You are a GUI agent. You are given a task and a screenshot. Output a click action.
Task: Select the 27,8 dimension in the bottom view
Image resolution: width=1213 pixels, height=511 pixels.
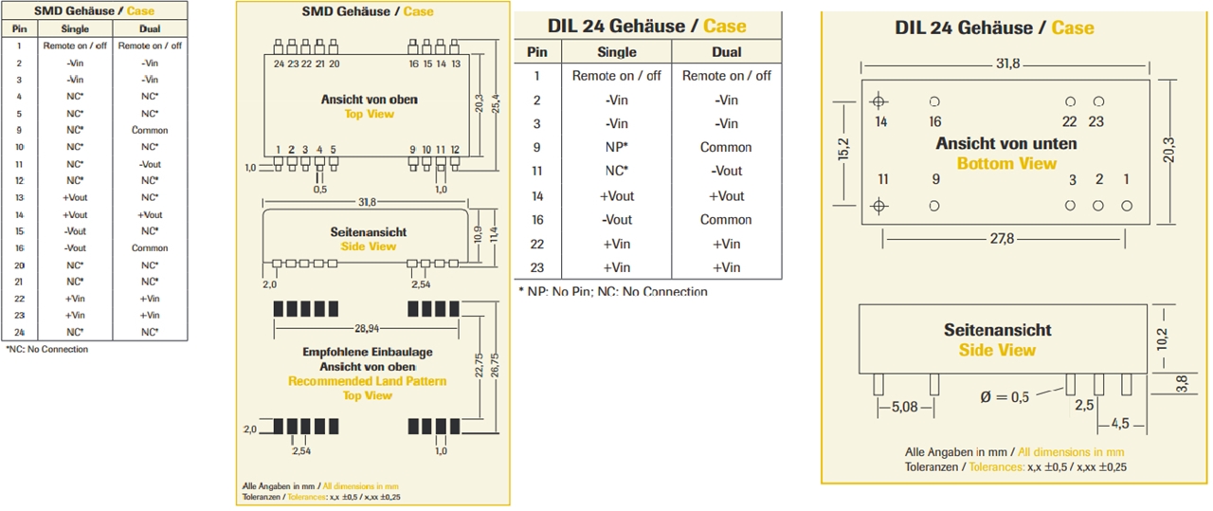pos(1002,239)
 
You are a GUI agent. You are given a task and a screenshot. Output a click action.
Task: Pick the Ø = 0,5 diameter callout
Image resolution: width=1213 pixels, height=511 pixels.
pos(1005,397)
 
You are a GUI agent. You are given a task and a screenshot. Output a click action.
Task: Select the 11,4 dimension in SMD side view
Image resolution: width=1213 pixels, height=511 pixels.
pos(493,233)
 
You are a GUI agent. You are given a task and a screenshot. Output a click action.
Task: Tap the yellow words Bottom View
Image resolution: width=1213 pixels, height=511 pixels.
pos(1005,163)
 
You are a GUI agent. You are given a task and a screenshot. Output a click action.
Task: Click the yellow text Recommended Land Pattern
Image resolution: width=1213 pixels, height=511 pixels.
pos(367,381)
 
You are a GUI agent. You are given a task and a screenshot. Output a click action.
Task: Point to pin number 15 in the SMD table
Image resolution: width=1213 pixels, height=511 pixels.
pos(19,230)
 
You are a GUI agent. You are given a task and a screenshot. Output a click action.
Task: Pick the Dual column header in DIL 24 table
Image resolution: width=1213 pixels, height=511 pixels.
pos(726,52)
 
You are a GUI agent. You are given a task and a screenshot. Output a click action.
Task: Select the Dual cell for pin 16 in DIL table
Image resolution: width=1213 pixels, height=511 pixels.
pos(726,219)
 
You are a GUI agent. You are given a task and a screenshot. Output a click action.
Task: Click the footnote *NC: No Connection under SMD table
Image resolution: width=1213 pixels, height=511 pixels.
pos(46,349)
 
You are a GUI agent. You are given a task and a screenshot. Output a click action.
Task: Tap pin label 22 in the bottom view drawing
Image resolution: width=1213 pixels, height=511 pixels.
pos(1069,121)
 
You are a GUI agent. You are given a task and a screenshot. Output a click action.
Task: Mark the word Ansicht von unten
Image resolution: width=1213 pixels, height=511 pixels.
pos(1005,144)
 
